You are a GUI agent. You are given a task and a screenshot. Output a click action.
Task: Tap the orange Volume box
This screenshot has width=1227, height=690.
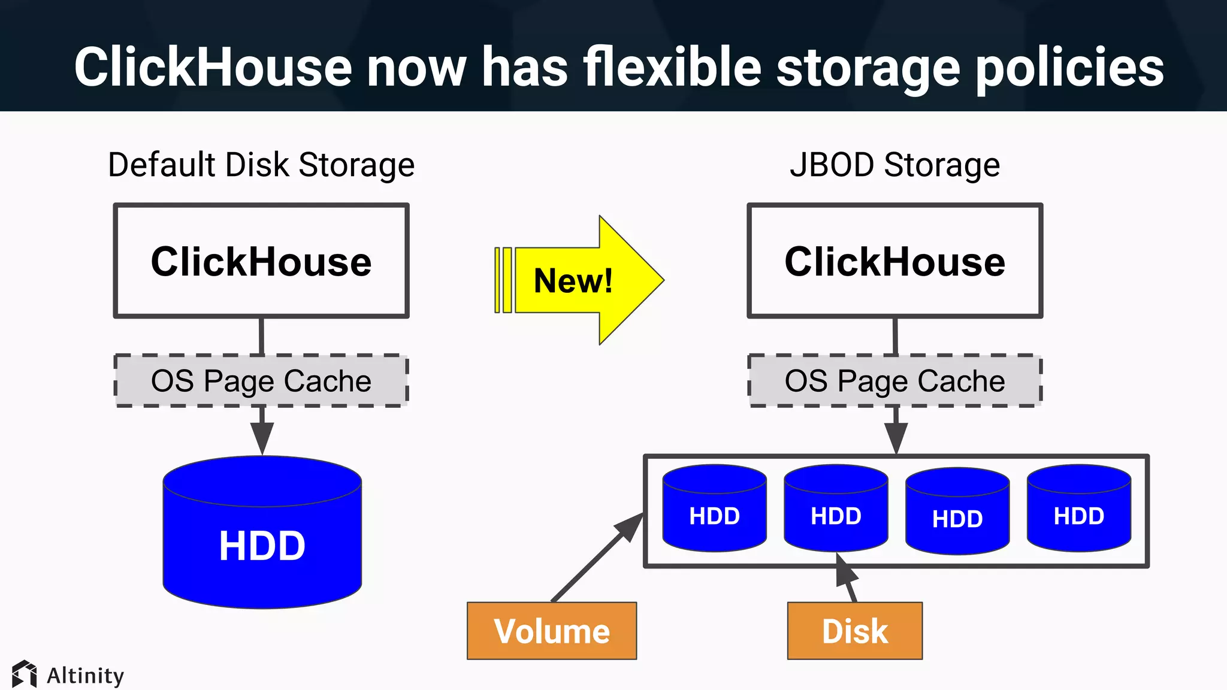552,631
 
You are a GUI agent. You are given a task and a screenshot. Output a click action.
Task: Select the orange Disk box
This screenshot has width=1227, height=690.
854,631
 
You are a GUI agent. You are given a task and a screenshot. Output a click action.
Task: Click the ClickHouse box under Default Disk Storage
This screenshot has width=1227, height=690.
261,261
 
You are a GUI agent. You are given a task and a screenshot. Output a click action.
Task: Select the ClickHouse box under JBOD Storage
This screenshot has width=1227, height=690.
894,261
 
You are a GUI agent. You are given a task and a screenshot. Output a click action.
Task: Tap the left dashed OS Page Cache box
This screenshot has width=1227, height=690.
261,381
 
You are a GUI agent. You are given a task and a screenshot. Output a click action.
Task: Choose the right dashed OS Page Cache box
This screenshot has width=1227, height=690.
894,381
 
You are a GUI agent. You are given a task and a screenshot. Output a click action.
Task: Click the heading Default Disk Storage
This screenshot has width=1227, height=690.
261,165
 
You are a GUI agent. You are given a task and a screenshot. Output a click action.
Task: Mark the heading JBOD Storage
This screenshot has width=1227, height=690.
894,165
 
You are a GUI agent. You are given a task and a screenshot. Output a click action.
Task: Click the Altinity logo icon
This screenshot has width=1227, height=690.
25,674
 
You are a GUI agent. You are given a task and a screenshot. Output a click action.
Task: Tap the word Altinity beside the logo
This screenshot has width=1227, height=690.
86,676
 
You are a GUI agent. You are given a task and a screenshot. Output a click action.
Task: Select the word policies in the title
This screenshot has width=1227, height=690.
1070,67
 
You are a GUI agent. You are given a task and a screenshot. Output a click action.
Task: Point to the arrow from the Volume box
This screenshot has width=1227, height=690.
593,560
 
